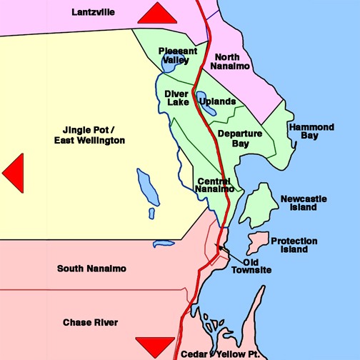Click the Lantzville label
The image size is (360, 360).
coord(94,12)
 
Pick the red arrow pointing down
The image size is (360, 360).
coord(154,346)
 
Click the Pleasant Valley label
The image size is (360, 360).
coord(174,56)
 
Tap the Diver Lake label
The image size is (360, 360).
coord(176,97)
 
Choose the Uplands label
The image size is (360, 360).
coord(218,101)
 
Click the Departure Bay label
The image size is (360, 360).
coord(240,138)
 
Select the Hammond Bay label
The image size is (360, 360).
coord(311,131)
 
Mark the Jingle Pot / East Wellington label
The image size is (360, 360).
coord(89,135)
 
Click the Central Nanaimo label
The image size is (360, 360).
coord(215,185)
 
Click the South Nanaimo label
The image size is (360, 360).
coord(91,269)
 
